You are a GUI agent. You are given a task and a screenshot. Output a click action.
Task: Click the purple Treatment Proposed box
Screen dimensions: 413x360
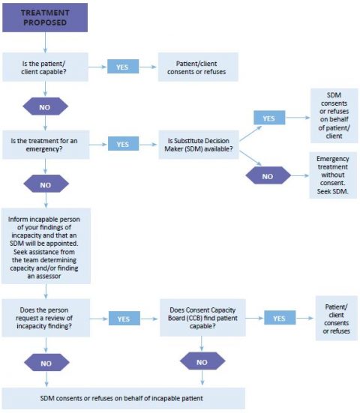(x=45, y=18)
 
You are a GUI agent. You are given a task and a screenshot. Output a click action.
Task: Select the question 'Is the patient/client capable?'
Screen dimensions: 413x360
(x=46, y=67)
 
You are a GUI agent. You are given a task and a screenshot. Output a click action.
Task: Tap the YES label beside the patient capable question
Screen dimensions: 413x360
(x=122, y=67)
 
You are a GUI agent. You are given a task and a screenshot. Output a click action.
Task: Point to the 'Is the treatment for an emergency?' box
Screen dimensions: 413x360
(x=46, y=143)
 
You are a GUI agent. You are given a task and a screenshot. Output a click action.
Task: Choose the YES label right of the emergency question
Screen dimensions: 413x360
(x=122, y=143)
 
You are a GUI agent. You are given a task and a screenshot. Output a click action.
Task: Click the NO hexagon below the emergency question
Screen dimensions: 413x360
(x=46, y=184)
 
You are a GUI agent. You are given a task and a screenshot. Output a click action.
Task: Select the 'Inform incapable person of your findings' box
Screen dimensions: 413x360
(x=46, y=245)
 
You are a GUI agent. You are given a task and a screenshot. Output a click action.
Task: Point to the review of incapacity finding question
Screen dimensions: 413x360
(x=46, y=318)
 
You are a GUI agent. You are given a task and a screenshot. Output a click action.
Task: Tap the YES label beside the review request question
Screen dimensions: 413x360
(x=124, y=318)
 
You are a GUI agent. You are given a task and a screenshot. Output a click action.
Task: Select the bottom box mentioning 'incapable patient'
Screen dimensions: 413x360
(x=124, y=397)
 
